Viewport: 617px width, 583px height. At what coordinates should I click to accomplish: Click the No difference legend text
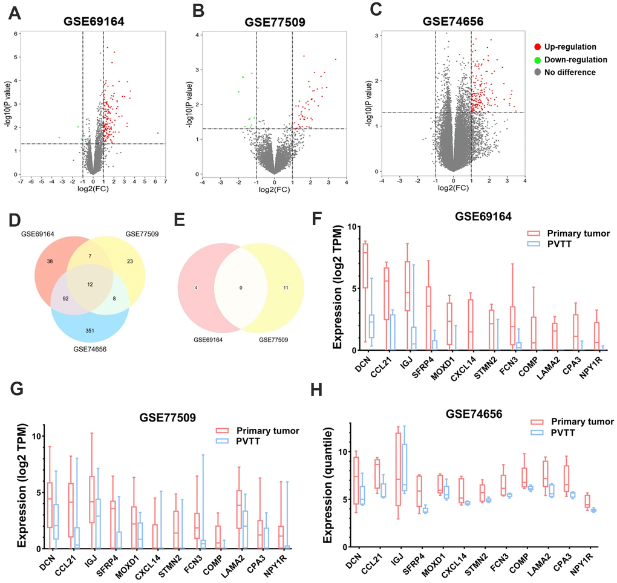click(569, 72)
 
